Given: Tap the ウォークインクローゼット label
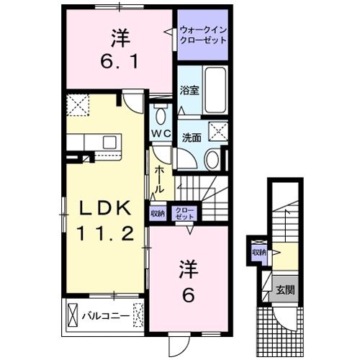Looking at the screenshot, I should click(203, 33).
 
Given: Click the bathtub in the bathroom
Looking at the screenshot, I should click(215, 90).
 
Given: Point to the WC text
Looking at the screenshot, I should click(161, 134).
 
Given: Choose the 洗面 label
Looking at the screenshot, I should click(191, 137).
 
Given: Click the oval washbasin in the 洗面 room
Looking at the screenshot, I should click(212, 160).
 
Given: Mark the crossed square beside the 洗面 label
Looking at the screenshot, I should click(217, 132).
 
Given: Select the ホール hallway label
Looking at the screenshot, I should click(160, 176).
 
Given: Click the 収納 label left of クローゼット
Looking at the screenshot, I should click(158, 213).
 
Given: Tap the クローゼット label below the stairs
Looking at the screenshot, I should click(185, 213).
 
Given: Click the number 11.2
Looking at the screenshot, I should click(104, 234).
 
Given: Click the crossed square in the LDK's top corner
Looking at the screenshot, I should click(76, 106).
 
